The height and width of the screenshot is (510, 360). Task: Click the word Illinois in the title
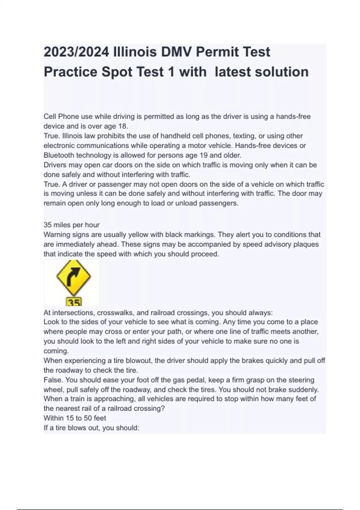(x=135, y=52)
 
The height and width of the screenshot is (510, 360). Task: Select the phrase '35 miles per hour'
(x=71, y=225)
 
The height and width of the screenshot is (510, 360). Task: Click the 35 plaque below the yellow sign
(x=74, y=302)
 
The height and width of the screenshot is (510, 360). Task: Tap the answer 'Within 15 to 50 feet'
(x=75, y=418)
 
